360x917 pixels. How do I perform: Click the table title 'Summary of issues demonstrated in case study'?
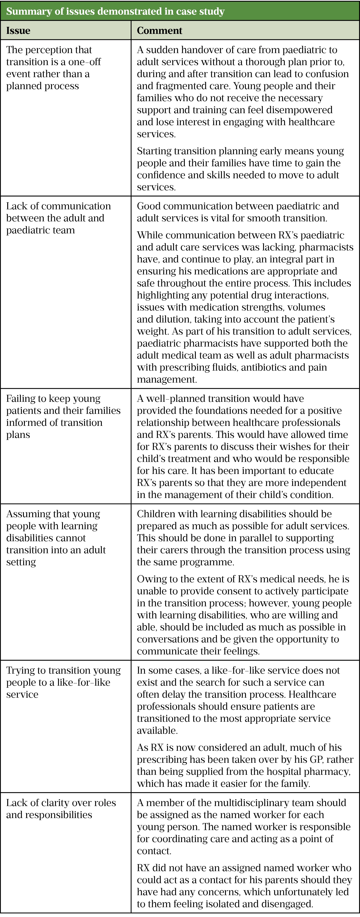115,11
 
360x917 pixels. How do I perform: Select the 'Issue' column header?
18,31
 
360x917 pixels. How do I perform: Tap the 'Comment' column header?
160,31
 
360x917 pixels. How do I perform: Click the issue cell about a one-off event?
53,68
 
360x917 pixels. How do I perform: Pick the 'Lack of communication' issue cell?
58,218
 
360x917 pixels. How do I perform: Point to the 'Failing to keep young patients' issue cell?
63,416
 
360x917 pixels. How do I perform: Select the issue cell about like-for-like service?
63,682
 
